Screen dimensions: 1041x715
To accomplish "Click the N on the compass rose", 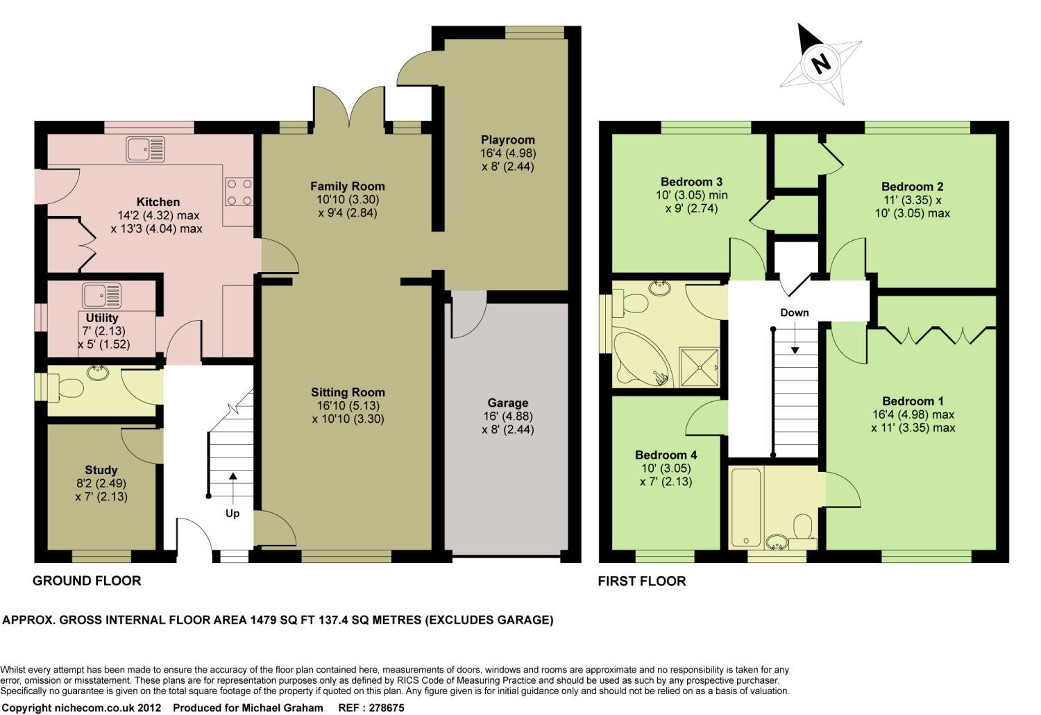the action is pyautogui.click(x=821, y=63).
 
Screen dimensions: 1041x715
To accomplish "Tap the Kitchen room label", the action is pyautogui.click(x=158, y=202).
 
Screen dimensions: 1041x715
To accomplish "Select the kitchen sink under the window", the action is pyautogui.click(x=146, y=149).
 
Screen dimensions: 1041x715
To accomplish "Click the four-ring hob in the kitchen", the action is pyautogui.click(x=239, y=192).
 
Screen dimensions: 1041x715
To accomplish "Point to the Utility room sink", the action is pyautogui.click(x=102, y=296).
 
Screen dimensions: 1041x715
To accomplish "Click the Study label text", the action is pyautogui.click(x=101, y=470).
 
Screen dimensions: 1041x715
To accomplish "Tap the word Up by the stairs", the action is pyautogui.click(x=232, y=513).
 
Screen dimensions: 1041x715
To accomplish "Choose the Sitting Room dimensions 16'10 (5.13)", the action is pyautogui.click(x=348, y=405).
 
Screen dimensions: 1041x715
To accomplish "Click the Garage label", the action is pyautogui.click(x=507, y=403).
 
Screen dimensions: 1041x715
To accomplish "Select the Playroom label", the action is pyautogui.click(x=507, y=140).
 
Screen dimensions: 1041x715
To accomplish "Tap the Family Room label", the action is pyautogui.click(x=348, y=186).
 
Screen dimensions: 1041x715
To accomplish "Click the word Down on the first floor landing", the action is pyautogui.click(x=794, y=312).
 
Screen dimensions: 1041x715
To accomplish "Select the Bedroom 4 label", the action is pyautogui.click(x=666, y=455).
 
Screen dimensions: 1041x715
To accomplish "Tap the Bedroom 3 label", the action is pyautogui.click(x=691, y=181).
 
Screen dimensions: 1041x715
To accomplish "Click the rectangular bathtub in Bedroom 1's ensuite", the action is pyautogui.click(x=746, y=507).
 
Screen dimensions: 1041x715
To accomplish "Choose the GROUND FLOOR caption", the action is pyautogui.click(x=87, y=580).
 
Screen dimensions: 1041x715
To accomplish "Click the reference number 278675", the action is pyautogui.click(x=386, y=707).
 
